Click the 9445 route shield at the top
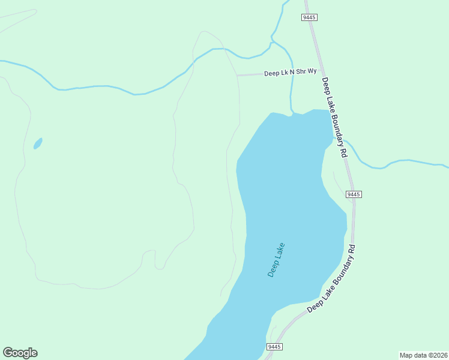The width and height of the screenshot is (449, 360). click(309, 17)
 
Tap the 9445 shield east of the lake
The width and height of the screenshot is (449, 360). click(354, 194)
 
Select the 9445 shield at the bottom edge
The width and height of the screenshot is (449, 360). click(274, 347)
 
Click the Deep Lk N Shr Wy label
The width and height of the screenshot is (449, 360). click(290, 73)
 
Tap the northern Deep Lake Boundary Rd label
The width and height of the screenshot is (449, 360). click(334, 117)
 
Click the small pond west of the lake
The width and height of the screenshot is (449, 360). click(38, 143)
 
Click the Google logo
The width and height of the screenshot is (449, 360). click(20, 353)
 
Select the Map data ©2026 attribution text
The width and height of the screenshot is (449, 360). click(423, 355)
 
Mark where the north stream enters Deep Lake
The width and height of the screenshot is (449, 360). click(291, 113)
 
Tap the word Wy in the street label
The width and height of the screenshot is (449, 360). click(312, 71)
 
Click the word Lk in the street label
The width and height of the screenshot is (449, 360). click(284, 73)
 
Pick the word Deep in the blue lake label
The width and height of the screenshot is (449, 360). click(272, 269)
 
